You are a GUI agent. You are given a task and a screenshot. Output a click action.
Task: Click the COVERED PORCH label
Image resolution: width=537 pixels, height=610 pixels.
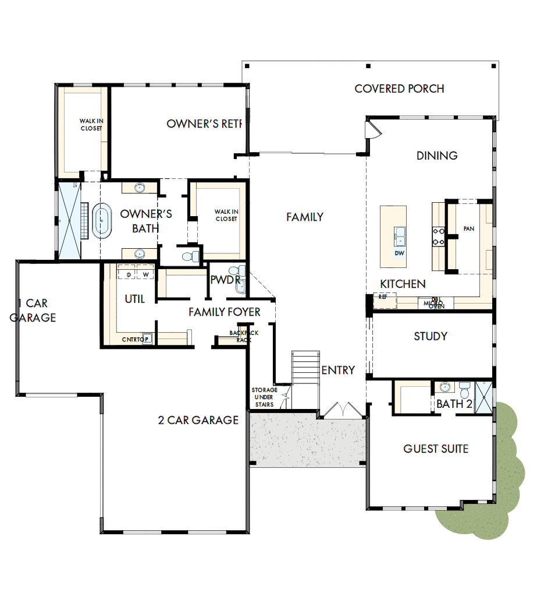pos(399,89)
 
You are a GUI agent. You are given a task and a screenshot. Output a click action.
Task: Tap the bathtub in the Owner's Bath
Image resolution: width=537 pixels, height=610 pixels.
pos(102,221)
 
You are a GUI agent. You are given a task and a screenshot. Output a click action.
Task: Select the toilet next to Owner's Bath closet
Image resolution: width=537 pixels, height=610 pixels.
pos(189,256)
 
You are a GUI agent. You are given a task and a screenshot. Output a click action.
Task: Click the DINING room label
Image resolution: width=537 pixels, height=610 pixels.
pos(437,156)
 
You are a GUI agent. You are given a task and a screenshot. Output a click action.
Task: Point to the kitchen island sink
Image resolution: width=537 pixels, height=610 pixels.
pos(399,235)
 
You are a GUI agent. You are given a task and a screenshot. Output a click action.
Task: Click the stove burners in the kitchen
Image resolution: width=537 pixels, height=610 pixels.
pos(439,235)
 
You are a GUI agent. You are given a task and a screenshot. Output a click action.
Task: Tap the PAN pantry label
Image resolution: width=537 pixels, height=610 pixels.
pos(468,229)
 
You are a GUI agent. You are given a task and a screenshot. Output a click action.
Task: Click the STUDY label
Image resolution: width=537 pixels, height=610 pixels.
pos(431,336)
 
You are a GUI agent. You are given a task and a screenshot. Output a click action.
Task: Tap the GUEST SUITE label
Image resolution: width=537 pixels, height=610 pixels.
pos(436,449)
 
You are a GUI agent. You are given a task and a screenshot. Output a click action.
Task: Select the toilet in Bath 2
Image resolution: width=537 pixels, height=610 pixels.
pos(464,389)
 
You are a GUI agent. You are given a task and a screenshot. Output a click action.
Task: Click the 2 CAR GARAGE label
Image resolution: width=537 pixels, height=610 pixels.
pos(198,419)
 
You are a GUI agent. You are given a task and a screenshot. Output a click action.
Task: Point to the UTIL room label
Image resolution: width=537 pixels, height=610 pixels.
pos(134,299)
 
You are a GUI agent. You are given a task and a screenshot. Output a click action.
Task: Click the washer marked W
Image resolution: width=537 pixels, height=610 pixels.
pos(145,274)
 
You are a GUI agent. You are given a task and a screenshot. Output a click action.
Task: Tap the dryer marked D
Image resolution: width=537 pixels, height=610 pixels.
pos(128,274)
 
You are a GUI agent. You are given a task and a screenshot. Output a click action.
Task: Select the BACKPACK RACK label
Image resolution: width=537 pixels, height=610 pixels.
pos(244,336)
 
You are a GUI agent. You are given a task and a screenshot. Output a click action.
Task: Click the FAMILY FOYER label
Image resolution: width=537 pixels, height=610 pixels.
pos(225,312)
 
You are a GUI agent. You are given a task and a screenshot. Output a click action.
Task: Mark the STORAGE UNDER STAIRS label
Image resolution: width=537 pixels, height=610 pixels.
pos(264,397)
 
